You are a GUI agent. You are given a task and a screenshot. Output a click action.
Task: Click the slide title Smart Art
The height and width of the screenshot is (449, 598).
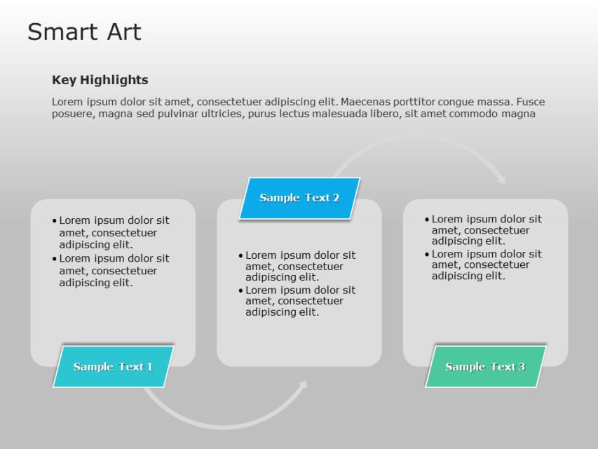(84, 32)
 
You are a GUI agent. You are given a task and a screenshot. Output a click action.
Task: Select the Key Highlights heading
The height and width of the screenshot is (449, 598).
(100, 80)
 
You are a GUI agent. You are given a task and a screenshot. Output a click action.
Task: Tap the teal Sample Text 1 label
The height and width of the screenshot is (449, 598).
(113, 366)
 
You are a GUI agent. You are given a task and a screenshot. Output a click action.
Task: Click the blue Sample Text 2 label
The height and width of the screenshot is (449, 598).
(299, 198)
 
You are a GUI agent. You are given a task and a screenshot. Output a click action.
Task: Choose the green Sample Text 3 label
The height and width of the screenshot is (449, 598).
(485, 366)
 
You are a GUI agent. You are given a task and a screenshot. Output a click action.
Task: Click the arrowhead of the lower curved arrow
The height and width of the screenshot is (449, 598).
(303, 385)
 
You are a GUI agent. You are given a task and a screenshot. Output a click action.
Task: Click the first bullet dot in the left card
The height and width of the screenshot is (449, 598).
(55, 220)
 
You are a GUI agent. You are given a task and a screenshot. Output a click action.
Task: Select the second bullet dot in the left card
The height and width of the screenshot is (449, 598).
(55, 258)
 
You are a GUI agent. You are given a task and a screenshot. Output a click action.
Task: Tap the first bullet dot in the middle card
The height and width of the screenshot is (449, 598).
(240, 255)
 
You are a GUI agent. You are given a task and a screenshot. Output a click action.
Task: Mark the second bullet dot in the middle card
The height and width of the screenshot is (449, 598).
(240, 290)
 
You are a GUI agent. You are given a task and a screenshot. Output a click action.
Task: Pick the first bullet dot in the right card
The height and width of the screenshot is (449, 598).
(427, 220)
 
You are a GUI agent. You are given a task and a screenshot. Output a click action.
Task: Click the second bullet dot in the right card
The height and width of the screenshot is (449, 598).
(427, 254)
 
